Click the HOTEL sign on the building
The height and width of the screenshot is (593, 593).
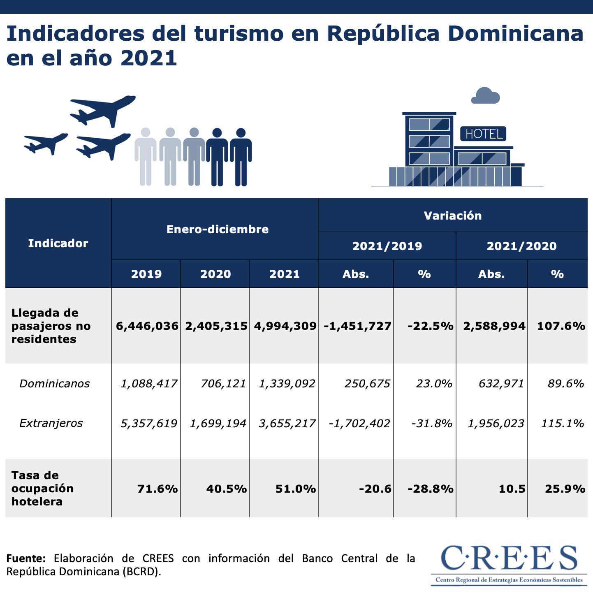pos(483,134)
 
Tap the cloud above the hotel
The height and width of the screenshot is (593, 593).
pos(485,96)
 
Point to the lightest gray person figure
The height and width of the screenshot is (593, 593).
pos(145,156)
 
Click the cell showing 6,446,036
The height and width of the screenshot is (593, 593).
pos(147,326)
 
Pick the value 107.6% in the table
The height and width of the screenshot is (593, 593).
pos(561,326)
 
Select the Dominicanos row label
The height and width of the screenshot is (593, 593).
pos(55,384)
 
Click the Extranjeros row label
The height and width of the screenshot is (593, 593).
pos(51,423)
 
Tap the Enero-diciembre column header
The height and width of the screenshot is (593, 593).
pos(217,229)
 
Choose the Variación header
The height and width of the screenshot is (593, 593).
pos(452,215)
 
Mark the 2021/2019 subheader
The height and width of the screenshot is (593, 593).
pos(387,246)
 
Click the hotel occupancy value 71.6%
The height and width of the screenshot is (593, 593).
pos(157,489)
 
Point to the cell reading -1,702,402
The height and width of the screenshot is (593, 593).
pos(359,423)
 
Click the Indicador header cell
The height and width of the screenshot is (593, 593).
pos(58,243)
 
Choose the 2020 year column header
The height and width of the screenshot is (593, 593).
pos(215,274)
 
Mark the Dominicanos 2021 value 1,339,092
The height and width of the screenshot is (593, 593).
pos(287,384)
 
